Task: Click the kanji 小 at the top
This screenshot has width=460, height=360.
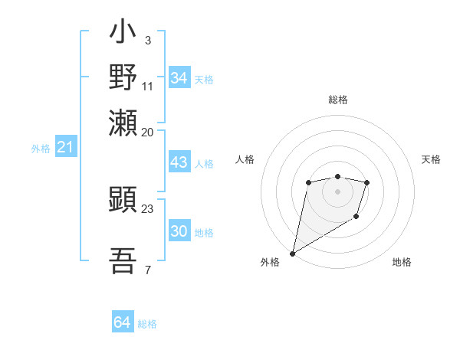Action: click(x=123, y=34)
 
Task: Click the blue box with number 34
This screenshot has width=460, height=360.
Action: click(x=179, y=78)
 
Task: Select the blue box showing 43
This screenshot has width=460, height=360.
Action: click(x=179, y=163)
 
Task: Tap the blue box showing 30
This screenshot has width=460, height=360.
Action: click(x=179, y=232)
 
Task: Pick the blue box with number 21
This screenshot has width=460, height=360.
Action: click(x=65, y=148)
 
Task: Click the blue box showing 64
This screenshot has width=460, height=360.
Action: click(x=123, y=322)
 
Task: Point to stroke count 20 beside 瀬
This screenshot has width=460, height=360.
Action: click(x=148, y=132)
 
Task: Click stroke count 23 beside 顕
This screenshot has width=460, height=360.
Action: click(x=148, y=208)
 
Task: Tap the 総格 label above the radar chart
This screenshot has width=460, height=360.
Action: click(x=338, y=100)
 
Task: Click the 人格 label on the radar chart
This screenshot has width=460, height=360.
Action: click(x=245, y=159)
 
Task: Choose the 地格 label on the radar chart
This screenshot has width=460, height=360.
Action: click(x=402, y=262)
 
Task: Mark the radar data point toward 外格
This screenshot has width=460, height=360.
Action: click(x=292, y=253)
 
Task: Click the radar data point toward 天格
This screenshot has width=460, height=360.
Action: click(x=367, y=182)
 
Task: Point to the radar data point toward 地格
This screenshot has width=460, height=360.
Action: click(x=356, y=218)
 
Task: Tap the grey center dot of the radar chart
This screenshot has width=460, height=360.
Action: click(x=338, y=191)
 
